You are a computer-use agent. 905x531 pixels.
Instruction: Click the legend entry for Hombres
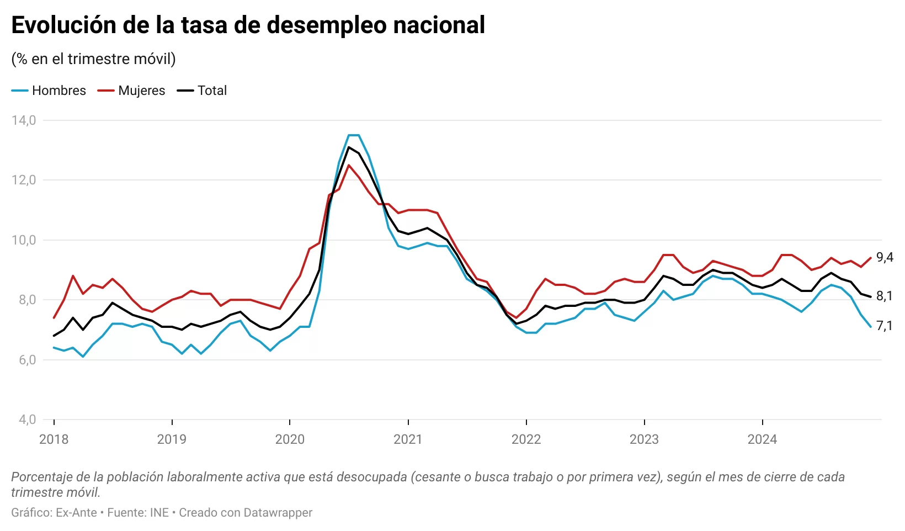click(58, 91)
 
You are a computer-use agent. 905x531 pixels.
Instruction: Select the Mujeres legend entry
click(141, 91)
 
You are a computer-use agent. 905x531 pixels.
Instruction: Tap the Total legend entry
click(212, 91)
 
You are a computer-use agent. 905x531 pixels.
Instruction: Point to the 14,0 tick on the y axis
click(24, 120)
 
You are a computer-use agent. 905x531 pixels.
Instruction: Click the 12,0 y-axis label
click(24, 180)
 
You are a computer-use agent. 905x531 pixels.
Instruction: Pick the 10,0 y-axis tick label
click(24, 240)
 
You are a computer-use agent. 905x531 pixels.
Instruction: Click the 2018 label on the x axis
click(54, 439)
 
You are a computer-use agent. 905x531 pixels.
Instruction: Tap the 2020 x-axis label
click(290, 439)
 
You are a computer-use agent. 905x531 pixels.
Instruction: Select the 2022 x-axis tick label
click(526, 439)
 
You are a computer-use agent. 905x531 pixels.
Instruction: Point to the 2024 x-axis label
click(762, 439)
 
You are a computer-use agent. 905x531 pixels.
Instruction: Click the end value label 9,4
click(885, 257)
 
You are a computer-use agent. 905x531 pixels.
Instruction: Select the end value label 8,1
click(885, 296)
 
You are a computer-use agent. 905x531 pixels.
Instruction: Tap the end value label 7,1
click(885, 326)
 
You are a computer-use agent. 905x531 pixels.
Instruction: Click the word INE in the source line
click(159, 513)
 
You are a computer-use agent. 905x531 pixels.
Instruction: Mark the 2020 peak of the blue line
click(354, 135)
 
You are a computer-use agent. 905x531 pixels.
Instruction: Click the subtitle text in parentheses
click(93, 59)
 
